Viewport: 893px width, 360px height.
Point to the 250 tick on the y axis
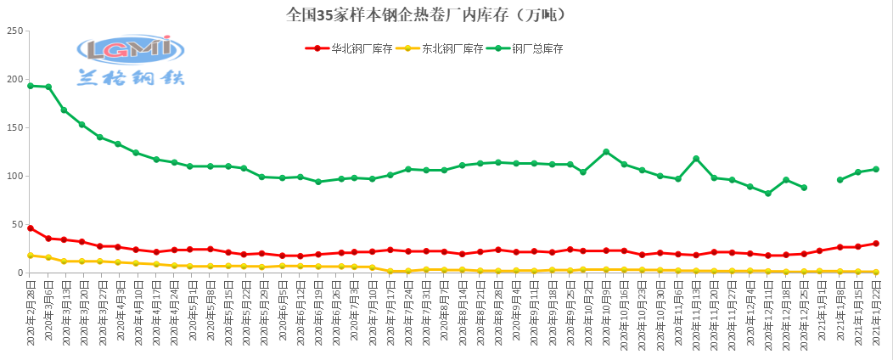pos(14,31)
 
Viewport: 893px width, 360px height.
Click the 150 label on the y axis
pos(14,127)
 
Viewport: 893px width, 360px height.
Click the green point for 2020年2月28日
pos(31,86)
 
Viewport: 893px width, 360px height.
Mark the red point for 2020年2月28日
pos(31,228)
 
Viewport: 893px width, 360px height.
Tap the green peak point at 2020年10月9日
pos(606,152)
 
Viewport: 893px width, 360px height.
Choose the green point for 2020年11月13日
pos(696,159)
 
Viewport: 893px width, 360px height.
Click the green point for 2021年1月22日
pos(876,169)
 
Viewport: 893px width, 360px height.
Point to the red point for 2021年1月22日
pos(876,243)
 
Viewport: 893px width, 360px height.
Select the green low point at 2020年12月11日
pos(768,194)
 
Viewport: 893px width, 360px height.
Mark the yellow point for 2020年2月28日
pos(31,255)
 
